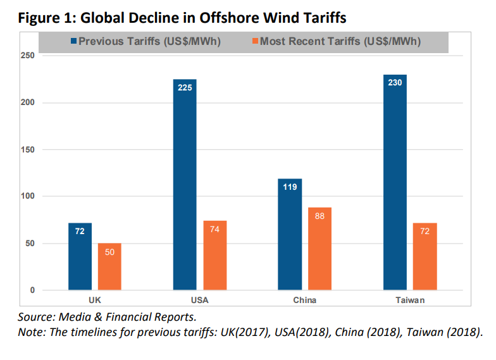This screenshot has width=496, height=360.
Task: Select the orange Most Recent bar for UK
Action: (109, 266)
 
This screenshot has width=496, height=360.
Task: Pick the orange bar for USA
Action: (214, 256)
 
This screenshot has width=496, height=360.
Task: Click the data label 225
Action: (185, 88)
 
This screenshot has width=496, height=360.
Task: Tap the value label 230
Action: (395, 84)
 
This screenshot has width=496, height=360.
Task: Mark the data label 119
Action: (290, 188)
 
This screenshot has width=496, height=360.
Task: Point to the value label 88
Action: (319, 216)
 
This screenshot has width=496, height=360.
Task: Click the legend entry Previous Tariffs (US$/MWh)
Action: (149, 42)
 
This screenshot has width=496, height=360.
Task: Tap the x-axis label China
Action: (304, 300)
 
